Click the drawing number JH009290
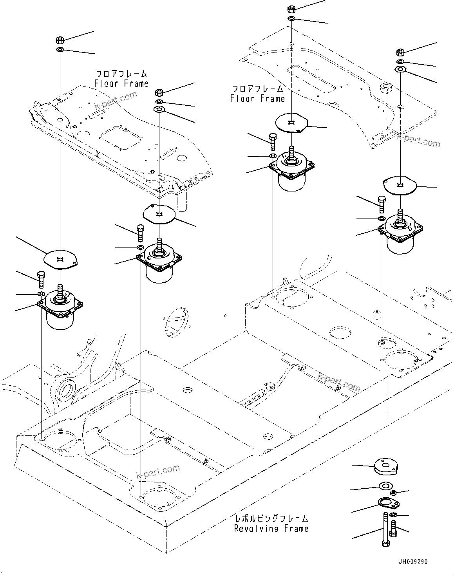point(413,562)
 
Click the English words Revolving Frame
point(271,529)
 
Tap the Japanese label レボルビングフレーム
point(271,519)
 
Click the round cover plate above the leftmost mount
point(60,259)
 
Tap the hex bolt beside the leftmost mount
point(41,279)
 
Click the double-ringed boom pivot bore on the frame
point(65,390)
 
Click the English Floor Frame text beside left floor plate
point(121,83)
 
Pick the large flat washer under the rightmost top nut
point(400,70)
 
